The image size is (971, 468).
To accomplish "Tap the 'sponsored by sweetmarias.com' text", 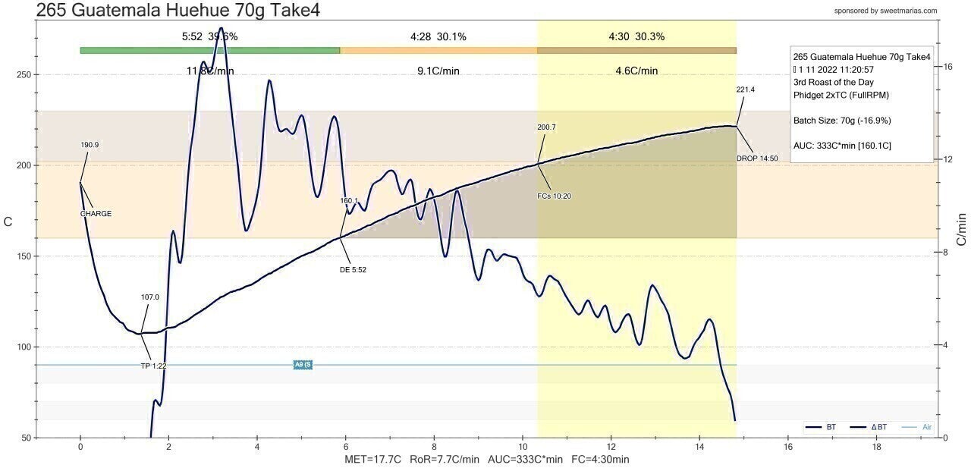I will (x=885, y=11).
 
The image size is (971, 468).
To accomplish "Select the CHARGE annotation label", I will (x=96, y=214).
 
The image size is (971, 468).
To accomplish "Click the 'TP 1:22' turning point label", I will (x=154, y=366).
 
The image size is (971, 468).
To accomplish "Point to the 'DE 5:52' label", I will (x=353, y=269).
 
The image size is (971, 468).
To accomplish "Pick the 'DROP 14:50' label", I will (x=757, y=159).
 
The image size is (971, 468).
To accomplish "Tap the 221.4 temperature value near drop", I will (x=746, y=90).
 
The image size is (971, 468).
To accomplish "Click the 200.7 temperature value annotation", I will (x=546, y=127).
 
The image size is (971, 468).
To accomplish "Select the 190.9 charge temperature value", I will (x=90, y=144).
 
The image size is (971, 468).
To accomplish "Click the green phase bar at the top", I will (x=209, y=51).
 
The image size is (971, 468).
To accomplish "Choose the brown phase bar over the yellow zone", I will (x=636, y=51).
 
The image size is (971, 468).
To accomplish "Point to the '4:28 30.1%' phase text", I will (x=438, y=36).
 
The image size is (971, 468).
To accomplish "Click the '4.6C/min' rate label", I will (x=636, y=71).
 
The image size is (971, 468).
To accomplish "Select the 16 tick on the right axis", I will (x=947, y=67).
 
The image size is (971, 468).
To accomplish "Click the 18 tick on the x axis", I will (x=877, y=448).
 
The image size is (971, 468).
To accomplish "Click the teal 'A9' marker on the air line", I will (x=303, y=365).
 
